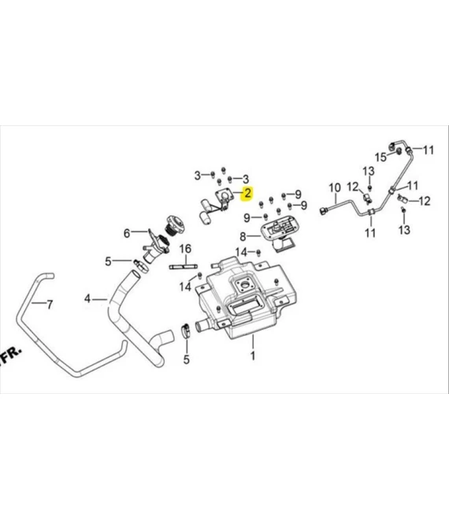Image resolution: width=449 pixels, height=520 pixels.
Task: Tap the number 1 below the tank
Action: [253, 357]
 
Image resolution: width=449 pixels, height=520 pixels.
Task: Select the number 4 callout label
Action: [88, 299]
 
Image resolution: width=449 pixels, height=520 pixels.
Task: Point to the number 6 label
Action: [126, 233]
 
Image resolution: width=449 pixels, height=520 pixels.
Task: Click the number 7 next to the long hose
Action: [49, 304]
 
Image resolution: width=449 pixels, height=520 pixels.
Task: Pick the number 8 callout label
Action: [243, 236]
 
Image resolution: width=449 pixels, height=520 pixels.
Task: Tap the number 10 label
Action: [334, 188]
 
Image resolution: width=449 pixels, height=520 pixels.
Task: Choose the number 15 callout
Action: [380, 157]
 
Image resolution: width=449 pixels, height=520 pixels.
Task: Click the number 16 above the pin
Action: [186, 249]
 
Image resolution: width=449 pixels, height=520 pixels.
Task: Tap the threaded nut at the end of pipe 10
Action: [324, 210]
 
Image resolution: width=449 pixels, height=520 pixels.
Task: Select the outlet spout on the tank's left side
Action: [203, 325]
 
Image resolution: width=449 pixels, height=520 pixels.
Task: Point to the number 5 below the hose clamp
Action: [187, 360]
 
